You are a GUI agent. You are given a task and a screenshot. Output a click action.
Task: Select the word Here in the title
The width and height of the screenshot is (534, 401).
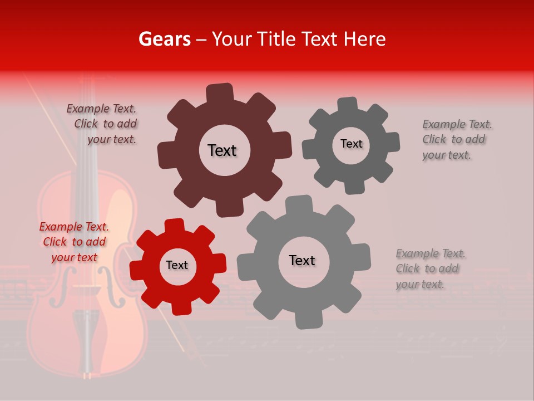364,39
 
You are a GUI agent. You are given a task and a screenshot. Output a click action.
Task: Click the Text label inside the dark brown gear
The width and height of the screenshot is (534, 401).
222,150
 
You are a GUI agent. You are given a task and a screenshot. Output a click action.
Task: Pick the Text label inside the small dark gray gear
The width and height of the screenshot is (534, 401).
351,144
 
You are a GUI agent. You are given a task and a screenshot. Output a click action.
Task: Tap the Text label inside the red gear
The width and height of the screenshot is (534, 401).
177,265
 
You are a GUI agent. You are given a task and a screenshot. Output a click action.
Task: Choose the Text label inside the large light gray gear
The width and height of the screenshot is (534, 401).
302,260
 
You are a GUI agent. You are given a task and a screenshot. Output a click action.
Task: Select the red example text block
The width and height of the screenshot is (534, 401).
74,242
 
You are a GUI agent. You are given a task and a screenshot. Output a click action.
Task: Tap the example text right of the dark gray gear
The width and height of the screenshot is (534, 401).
457,140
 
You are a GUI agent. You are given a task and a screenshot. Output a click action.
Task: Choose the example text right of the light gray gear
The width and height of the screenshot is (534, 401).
430,269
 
